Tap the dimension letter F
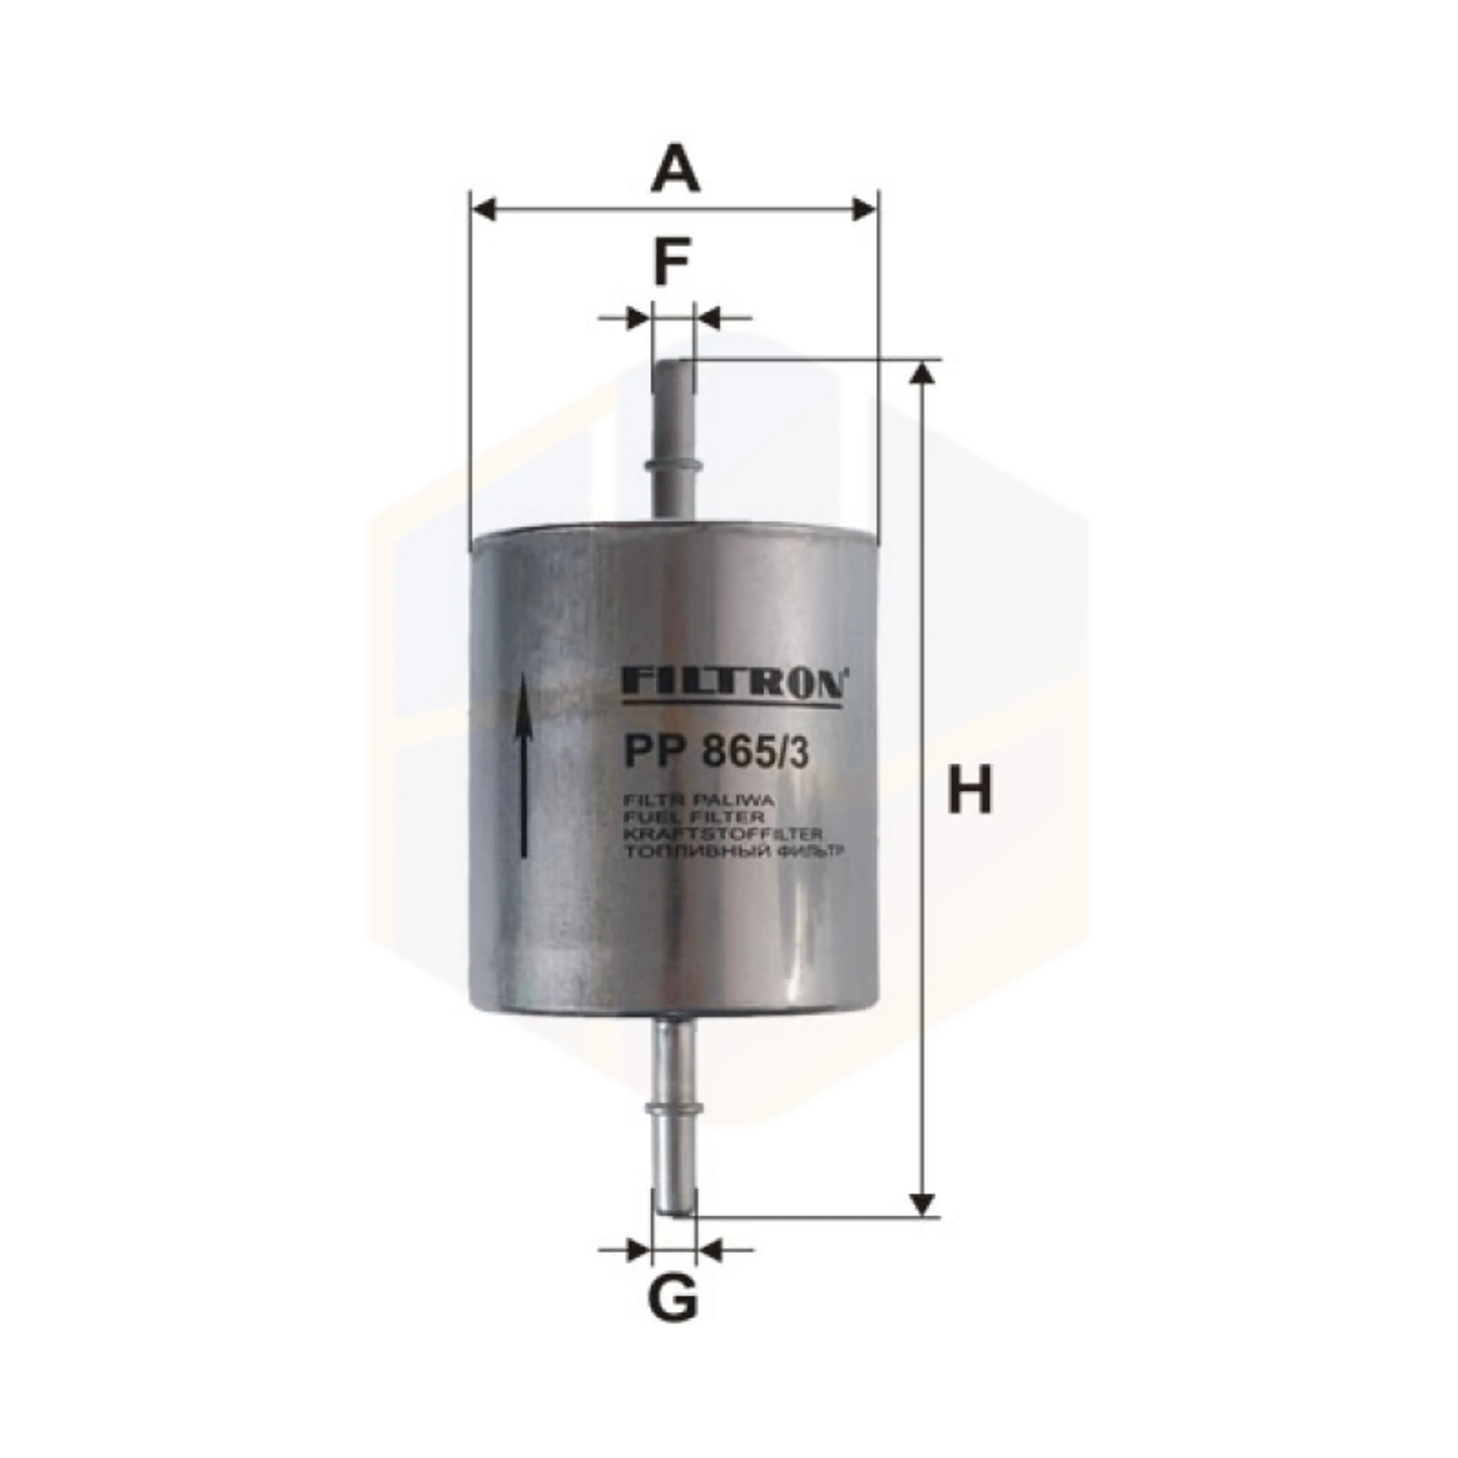point(672,262)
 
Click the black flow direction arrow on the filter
point(522,762)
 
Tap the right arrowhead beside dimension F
point(707,318)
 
